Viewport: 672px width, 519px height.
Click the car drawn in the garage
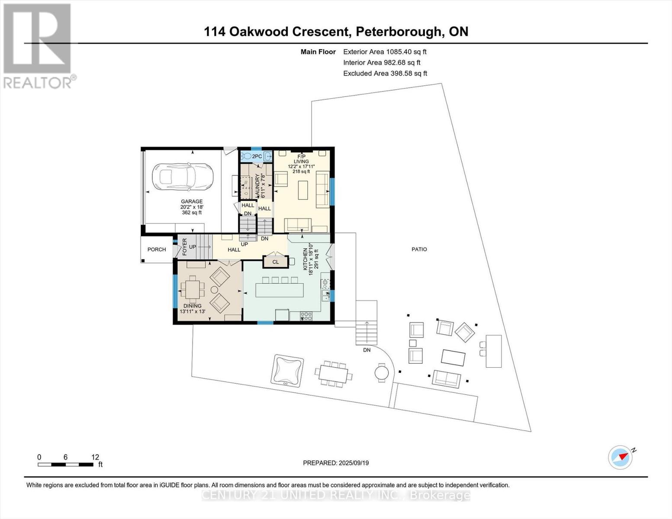pyautogui.click(x=182, y=177)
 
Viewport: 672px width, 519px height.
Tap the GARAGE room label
pyautogui.click(x=192, y=202)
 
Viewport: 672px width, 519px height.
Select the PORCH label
pyautogui.click(x=157, y=250)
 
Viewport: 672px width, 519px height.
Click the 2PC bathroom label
pyautogui.click(x=257, y=156)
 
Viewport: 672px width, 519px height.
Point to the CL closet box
pyautogui.click(x=276, y=262)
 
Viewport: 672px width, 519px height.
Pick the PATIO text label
pyautogui.click(x=419, y=250)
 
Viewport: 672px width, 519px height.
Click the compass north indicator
pyautogui.click(x=621, y=457)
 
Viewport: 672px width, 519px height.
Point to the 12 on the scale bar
pyautogui.click(x=95, y=457)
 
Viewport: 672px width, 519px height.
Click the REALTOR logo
pyautogui.click(x=38, y=45)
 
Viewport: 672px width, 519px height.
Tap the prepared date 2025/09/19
pyautogui.click(x=336, y=463)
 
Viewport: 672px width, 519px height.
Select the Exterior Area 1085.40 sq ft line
pyautogui.click(x=385, y=52)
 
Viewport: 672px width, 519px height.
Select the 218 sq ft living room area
pyautogui.click(x=301, y=172)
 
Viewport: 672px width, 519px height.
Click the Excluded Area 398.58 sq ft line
pyautogui.click(x=385, y=74)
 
